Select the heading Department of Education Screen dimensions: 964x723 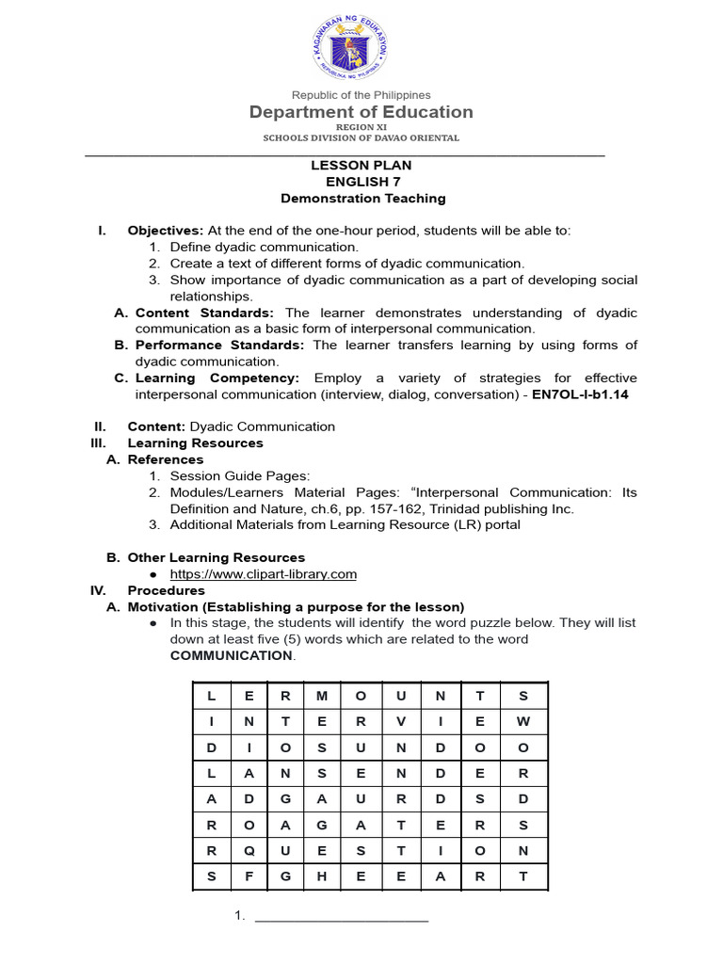pyautogui.click(x=361, y=113)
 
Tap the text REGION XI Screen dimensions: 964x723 pyautogui.click(x=361, y=126)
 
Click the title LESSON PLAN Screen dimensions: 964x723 pyautogui.click(x=361, y=166)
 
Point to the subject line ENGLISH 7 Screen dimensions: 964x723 pyautogui.click(x=361, y=182)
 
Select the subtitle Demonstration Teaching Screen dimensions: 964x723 pyautogui.click(x=362, y=199)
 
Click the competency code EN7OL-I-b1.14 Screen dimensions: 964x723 pyautogui.click(x=580, y=394)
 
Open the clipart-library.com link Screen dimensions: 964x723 pyautogui.click(x=263, y=574)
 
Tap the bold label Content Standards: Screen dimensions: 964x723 pyautogui.click(x=205, y=313)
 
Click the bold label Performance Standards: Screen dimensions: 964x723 pyautogui.click(x=218, y=345)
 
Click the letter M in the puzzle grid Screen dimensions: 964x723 pyautogui.click(x=323, y=696)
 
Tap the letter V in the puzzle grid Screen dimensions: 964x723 pyautogui.click(x=402, y=722)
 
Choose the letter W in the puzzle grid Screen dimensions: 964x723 pyautogui.click(x=523, y=722)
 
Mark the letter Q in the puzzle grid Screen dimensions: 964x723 pyautogui.click(x=249, y=851)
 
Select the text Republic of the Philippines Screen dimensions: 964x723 pyautogui.click(x=361, y=95)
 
